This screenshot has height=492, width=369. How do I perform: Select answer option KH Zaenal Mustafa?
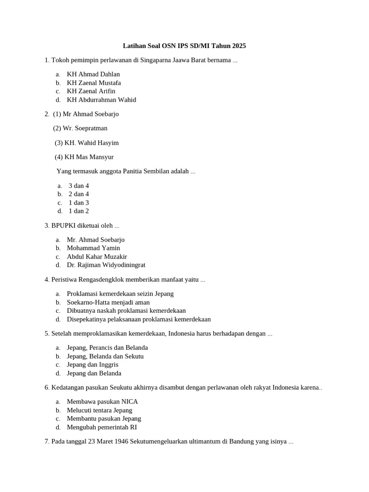tap(94, 83)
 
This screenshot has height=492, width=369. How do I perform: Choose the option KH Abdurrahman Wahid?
tap(101, 100)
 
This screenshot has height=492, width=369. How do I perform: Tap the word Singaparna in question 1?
tap(156, 60)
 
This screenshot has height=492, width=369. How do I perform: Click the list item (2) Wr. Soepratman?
tap(80, 128)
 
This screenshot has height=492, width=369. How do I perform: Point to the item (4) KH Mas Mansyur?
tap(84, 157)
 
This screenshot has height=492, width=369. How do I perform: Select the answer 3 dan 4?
tap(79, 186)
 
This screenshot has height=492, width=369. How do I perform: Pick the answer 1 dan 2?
tap(79, 211)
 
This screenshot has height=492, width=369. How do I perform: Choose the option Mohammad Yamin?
tap(93, 248)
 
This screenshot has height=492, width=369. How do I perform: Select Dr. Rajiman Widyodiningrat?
tap(106, 265)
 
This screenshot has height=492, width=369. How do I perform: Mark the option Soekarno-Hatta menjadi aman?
tap(108, 302)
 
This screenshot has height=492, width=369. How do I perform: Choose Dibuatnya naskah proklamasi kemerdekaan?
tap(126, 311)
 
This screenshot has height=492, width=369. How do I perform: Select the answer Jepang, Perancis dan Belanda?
tap(107, 347)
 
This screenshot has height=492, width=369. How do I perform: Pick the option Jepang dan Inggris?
tap(92, 365)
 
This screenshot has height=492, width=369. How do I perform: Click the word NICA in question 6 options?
tap(130, 402)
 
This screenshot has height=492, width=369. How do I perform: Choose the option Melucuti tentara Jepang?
tap(99, 410)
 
